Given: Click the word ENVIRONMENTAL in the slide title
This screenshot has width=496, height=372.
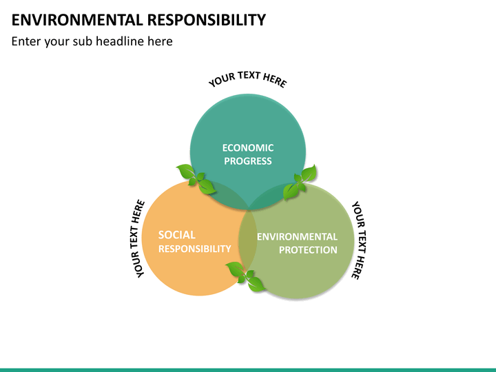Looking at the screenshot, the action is point(77,20).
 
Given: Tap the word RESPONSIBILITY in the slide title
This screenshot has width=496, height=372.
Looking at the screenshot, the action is point(207,20).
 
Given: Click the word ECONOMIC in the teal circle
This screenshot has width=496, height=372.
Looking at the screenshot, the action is point(248,147).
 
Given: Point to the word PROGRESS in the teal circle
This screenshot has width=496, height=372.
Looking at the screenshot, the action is point(248,161).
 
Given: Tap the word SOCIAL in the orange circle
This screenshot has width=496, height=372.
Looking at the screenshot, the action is point(177,235).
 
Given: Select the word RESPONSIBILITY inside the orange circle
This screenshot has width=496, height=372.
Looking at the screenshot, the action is point(194,249).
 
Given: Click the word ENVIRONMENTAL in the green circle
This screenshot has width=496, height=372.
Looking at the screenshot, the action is point(297,236).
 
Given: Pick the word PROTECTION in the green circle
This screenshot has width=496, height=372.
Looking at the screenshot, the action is point(308,250).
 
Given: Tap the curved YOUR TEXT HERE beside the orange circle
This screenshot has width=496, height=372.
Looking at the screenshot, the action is point(137,239).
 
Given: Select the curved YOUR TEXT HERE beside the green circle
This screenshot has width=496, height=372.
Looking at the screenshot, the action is point(359,240).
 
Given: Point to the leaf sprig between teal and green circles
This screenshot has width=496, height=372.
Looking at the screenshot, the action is point(300,182).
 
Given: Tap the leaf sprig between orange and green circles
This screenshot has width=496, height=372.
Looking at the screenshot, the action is point(246,276).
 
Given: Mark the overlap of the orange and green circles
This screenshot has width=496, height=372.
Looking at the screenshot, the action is point(248,240).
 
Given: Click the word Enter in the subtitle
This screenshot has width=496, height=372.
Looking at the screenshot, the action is point(26,41).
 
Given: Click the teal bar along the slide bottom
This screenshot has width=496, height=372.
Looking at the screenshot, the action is point(248,370).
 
